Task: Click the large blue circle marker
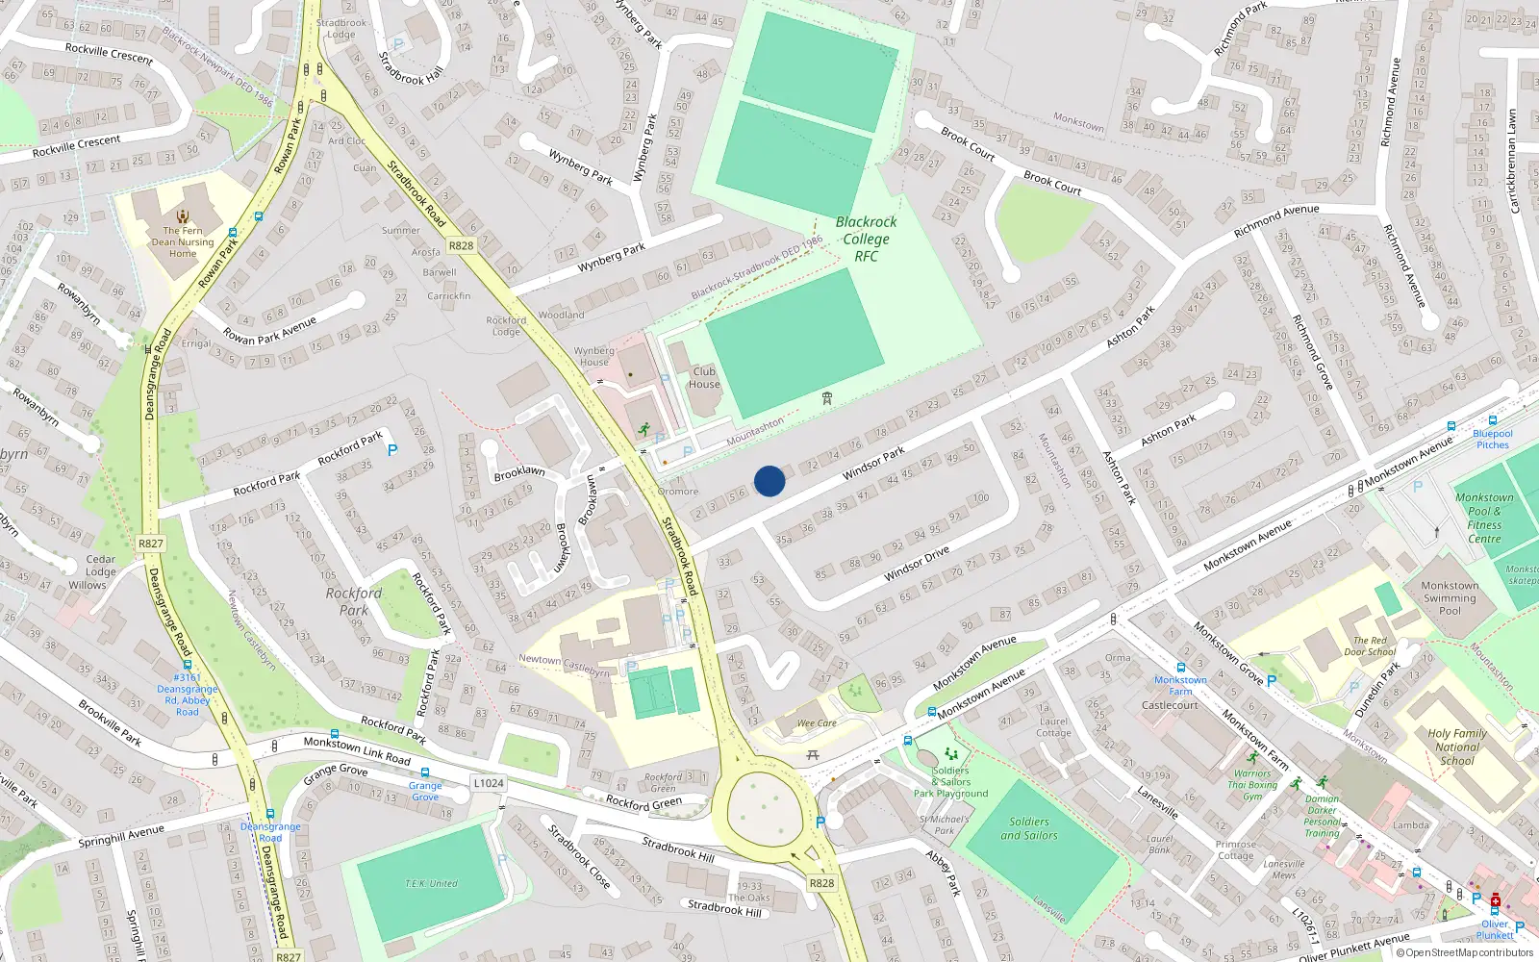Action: pyautogui.click(x=769, y=480)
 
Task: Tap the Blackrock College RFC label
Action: pyautogui.click(x=866, y=239)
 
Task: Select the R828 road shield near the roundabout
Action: pyautogui.click(x=821, y=883)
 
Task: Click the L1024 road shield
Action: pyautogui.click(x=489, y=783)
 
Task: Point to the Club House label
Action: pyautogui.click(x=704, y=377)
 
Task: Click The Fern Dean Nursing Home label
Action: pyautogui.click(x=183, y=241)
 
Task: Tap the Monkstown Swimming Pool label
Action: pyautogui.click(x=1450, y=597)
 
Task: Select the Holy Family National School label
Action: pyautogui.click(x=1457, y=747)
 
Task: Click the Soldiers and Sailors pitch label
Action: pyautogui.click(x=1029, y=828)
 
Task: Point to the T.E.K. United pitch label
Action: pyautogui.click(x=431, y=883)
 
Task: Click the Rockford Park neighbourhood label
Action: pyautogui.click(x=354, y=601)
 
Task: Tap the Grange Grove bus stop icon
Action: pyautogui.click(x=424, y=772)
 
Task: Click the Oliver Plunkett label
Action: pyautogui.click(x=1495, y=929)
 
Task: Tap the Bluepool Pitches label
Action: pyautogui.click(x=1493, y=439)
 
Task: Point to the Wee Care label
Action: pyautogui.click(x=817, y=723)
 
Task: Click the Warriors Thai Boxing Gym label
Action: pyautogui.click(x=1252, y=784)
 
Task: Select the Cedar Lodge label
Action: pyautogui.click(x=100, y=565)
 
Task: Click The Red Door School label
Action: pyautogui.click(x=1370, y=646)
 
